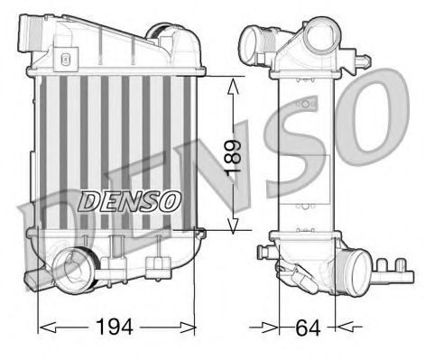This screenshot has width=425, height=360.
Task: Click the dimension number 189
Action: pos(237,155)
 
